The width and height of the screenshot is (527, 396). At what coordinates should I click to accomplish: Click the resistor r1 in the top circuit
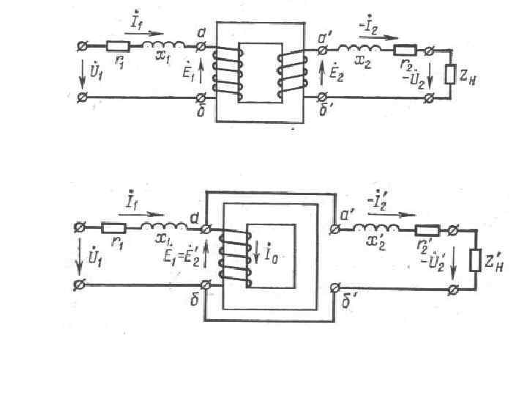tap(117, 46)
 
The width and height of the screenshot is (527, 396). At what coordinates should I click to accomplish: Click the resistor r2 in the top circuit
tap(406, 50)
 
